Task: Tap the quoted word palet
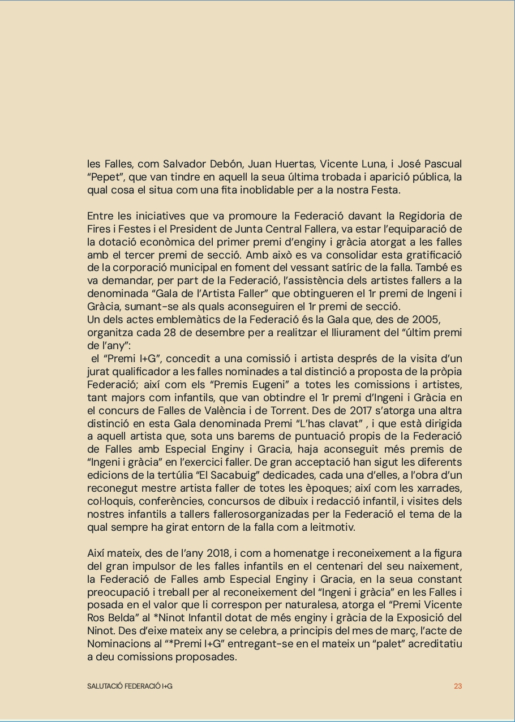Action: [x=362, y=644]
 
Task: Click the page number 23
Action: [x=458, y=686]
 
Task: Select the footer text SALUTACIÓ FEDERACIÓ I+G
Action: [x=130, y=686]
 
